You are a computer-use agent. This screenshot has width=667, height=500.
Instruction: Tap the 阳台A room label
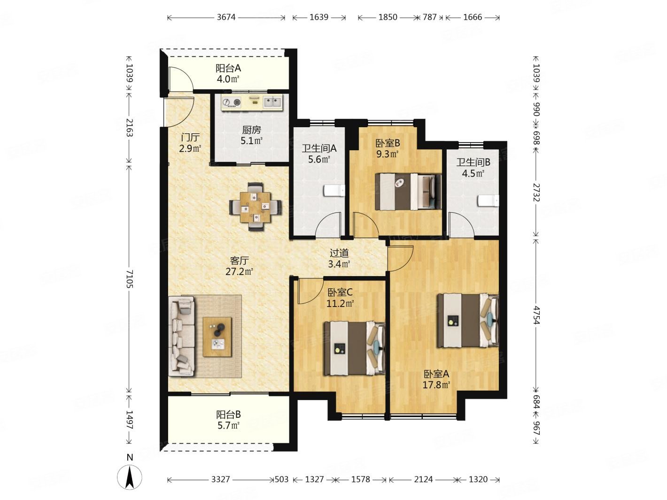(228, 68)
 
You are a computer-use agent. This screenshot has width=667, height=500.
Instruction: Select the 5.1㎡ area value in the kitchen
(251, 141)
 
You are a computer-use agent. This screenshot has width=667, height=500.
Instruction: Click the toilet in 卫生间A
(334, 191)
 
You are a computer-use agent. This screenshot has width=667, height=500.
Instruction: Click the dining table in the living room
(255, 207)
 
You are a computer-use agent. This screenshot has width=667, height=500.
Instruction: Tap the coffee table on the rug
(217, 337)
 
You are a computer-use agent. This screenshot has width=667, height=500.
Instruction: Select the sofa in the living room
(182, 336)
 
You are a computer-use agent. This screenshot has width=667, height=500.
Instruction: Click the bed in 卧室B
(408, 192)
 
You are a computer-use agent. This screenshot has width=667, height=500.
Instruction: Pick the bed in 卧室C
(355, 348)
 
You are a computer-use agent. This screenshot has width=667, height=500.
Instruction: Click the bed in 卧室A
(468, 320)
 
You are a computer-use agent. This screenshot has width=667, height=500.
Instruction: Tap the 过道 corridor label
(339, 253)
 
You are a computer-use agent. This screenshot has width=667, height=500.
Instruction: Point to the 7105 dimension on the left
(129, 278)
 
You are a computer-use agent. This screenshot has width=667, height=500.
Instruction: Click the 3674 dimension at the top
(226, 17)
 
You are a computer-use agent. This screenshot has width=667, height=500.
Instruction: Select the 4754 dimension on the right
(536, 315)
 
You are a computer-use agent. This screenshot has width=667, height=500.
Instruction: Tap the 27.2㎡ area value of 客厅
(239, 271)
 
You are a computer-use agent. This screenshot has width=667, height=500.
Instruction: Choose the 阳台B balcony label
(228, 414)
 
